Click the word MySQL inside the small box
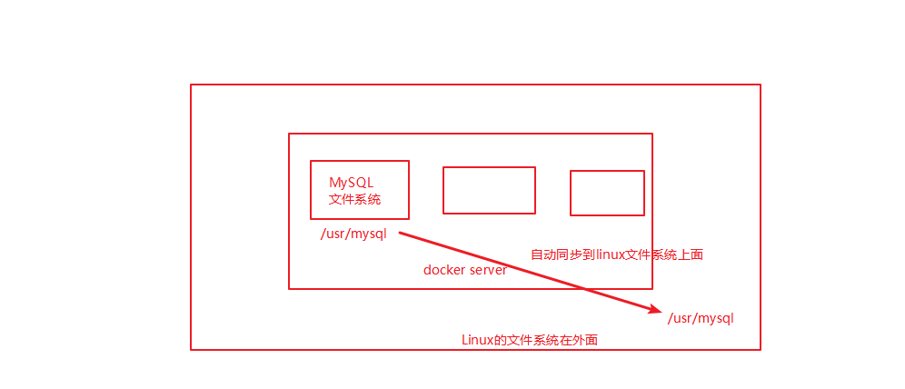click(351, 182)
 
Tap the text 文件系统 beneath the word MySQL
click(354, 199)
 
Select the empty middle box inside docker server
click(489, 190)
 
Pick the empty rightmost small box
click(607, 193)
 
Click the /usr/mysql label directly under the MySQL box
click(353, 234)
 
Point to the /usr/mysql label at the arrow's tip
click(701, 318)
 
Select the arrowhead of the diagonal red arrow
click(656, 311)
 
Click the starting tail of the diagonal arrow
click(401, 233)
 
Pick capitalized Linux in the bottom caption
click(476, 340)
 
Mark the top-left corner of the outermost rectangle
click(191, 85)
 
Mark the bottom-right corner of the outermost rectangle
click(760, 349)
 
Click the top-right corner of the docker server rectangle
click(651, 135)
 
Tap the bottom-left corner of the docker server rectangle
click(289, 288)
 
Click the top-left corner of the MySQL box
click(311, 161)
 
